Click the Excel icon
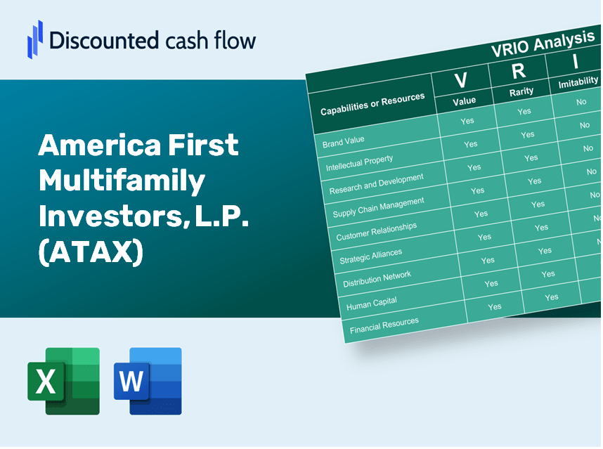tap(63, 382)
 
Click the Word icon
tap(148, 382)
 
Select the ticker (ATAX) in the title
tap(91, 252)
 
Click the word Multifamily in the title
tap(122, 181)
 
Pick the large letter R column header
tap(518, 70)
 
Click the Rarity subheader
tap(521, 91)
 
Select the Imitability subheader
tap(577, 84)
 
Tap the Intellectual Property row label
tap(359, 164)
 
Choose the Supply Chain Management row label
tap(380, 207)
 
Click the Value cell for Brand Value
tap(467, 120)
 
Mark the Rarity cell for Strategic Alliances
tap(545, 251)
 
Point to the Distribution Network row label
tap(377, 279)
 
